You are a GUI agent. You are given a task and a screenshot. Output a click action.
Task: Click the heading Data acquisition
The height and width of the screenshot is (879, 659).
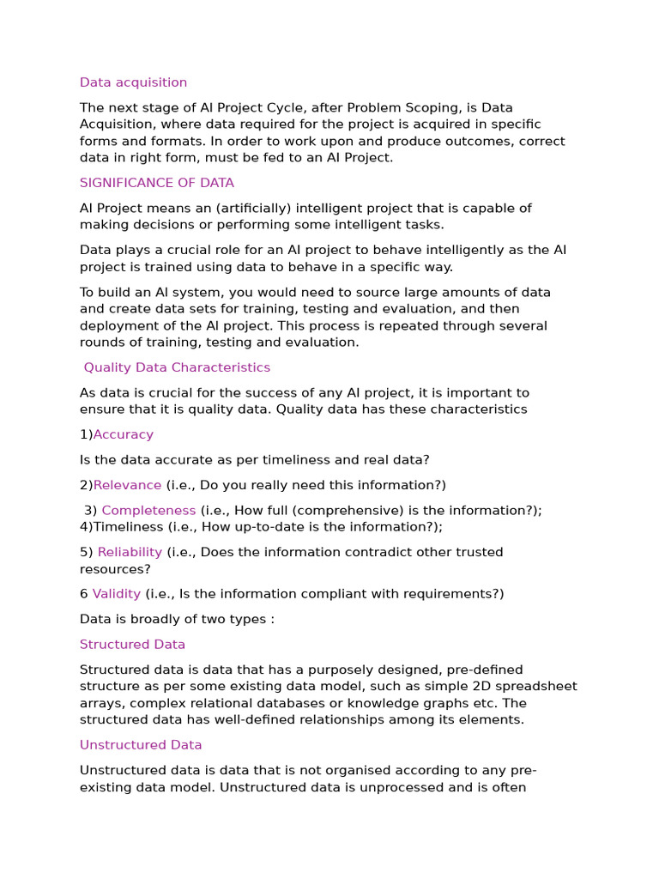[x=133, y=82]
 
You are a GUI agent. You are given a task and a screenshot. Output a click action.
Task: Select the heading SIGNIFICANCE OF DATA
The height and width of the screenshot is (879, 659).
[x=156, y=183]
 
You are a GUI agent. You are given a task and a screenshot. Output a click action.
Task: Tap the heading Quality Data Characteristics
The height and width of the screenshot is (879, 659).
[x=177, y=367]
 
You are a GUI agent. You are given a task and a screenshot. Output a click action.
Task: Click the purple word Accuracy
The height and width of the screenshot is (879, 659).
[x=124, y=434]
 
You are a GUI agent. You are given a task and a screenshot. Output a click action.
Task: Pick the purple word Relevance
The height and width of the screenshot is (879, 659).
[x=127, y=485]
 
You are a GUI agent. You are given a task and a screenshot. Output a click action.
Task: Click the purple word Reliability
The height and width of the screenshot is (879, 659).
[x=130, y=552]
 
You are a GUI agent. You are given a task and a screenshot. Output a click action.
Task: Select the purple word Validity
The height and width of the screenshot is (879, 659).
[x=117, y=594]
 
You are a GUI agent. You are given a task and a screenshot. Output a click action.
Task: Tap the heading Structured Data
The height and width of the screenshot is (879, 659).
[x=132, y=645]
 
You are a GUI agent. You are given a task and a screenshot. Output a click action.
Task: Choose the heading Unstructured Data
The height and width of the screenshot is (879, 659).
[x=141, y=745]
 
